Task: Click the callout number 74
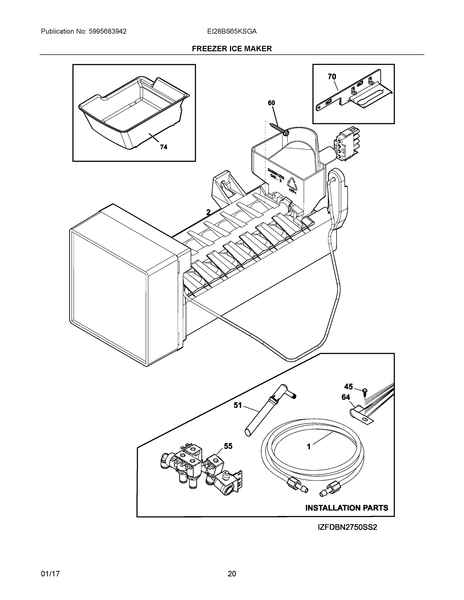(164, 147)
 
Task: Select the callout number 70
(332, 77)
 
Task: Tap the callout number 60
(271, 103)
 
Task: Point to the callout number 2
(208, 212)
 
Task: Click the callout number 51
(238, 405)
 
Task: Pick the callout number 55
(228, 446)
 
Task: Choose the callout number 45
(348, 387)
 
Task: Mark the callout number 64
(346, 397)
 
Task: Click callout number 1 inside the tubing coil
(309, 447)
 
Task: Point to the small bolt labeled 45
(365, 391)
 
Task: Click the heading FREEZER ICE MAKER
(232, 49)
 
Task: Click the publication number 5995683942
(108, 31)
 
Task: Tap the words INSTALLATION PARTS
(347, 508)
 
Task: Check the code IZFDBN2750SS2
(347, 527)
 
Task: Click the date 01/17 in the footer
(50, 574)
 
